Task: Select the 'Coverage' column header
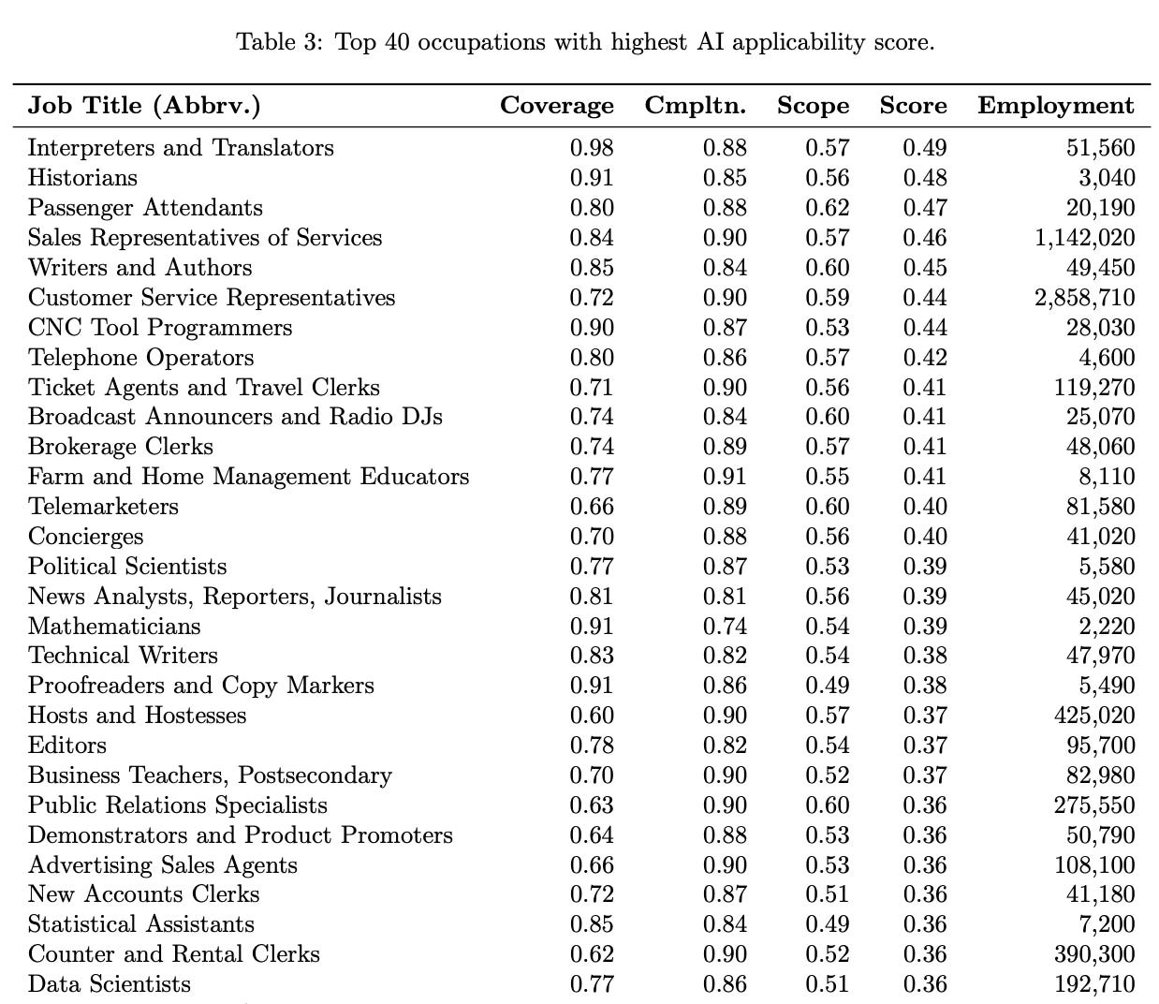(556, 106)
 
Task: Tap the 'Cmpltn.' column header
(695, 106)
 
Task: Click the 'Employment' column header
(1055, 106)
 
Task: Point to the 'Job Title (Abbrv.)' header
(144, 106)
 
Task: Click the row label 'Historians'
(82, 178)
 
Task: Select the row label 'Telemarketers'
(103, 507)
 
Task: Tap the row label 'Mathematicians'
(114, 627)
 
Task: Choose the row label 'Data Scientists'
(110, 984)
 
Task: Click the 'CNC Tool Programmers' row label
(160, 328)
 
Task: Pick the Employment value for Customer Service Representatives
(1085, 298)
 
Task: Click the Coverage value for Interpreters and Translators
(592, 148)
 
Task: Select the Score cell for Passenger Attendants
(924, 208)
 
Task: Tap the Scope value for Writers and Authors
(827, 268)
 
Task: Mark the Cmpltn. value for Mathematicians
(725, 627)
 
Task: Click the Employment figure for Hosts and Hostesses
(1094, 716)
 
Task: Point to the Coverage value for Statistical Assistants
(592, 924)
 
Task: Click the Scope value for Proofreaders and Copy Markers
(827, 686)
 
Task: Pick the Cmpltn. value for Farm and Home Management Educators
(725, 477)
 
